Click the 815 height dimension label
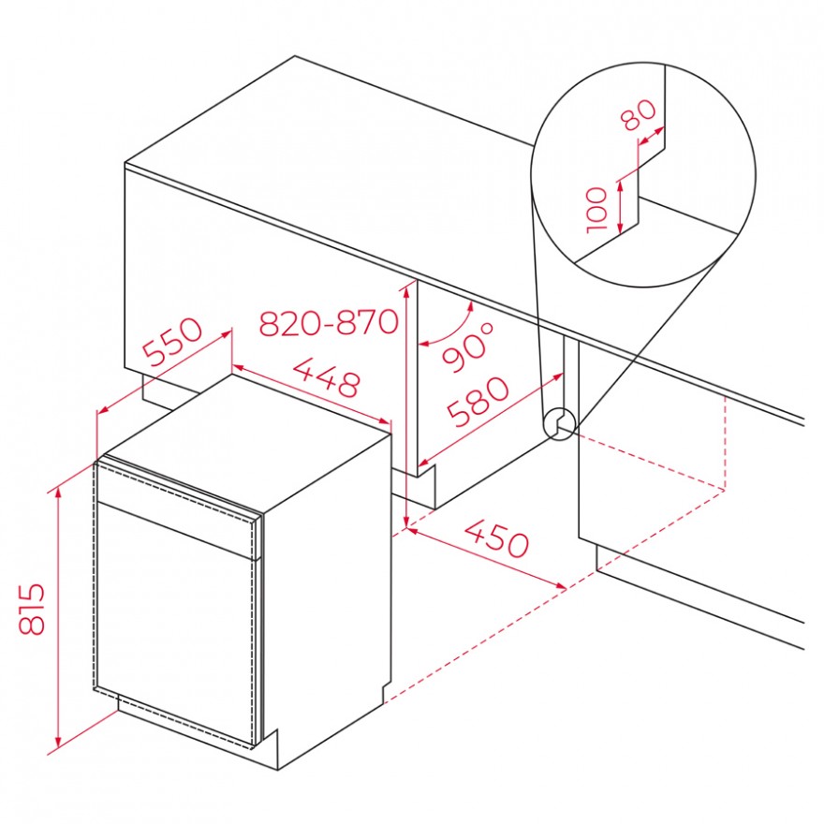(x=32, y=609)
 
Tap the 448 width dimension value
(x=327, y=376)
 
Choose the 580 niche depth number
(x=478, y=402)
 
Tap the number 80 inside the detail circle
(x=639, y=114)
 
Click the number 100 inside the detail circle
(x=597, y=210)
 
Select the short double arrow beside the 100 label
(x=621, y=207)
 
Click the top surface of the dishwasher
(x=248, y=440)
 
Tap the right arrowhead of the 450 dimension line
(x=560, y=585)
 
